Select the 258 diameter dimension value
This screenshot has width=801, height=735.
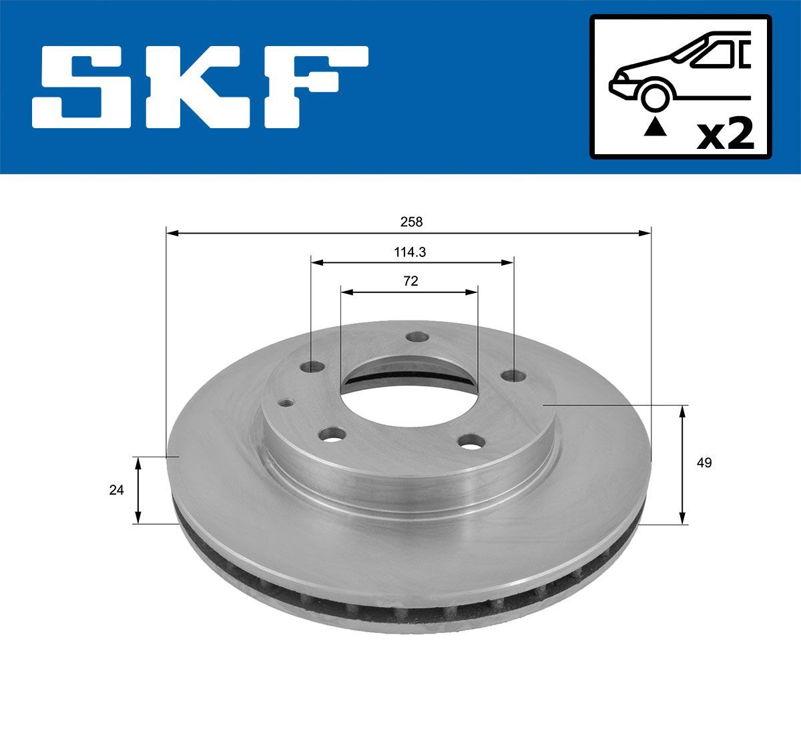pyautogui.click(x=412, y=221)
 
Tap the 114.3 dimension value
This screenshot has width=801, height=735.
pyautogui.click(x=411, y=252)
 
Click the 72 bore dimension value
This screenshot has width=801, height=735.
pyautogui.click(x=411, y=282)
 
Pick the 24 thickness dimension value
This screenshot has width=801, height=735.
pyautogui.click(x=116, y=490)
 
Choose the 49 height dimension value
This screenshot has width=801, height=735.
pyautogui.click(x=703, y=463)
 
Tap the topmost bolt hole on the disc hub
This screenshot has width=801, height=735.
pyautogui.click(x=418, y=337)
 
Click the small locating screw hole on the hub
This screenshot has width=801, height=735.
pyautogui.click(x=286, y=403)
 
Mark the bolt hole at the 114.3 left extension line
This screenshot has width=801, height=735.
pyautogui.click(x=311, y=367)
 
